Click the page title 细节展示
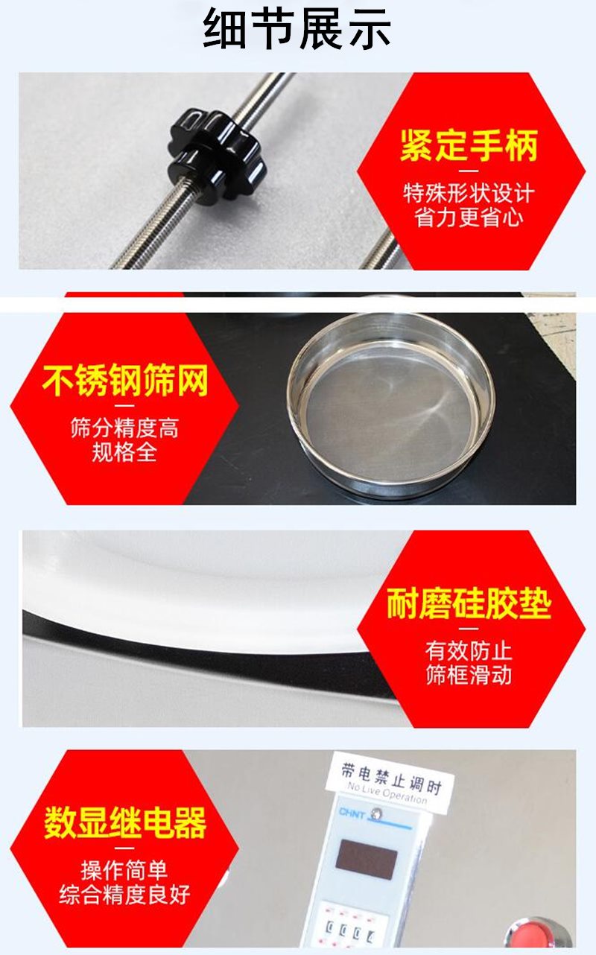(x=297, y=29)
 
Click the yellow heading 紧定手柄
(x=469, y=145)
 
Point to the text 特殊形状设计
(x=469, y=194)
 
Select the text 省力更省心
(x=469, y=218)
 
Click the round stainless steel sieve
(x=391, y=403)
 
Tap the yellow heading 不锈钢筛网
(x=125, y=380)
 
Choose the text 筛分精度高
(x=124, y=428)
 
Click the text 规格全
(x=124, y=452)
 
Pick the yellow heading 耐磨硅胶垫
(x=469, y=603)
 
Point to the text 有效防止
(x=469, y=651)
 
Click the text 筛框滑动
(x=469, y=675)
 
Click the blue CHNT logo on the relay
(x=352, y=813)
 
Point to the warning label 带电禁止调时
(x=390, y=779)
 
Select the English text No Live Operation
(x=387, y=793)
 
